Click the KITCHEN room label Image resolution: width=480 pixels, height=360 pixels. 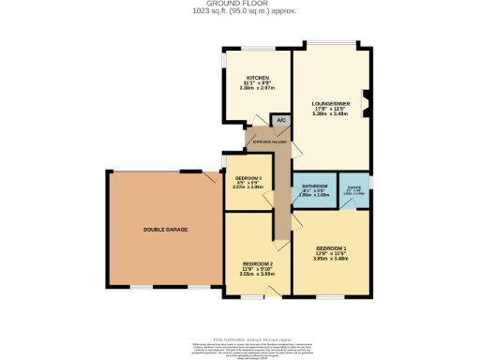258,77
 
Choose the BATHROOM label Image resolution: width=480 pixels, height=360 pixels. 313,187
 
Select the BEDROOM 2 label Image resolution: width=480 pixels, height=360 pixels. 257,263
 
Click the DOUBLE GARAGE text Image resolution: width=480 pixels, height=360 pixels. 162,229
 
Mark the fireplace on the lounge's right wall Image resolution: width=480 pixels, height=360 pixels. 367,102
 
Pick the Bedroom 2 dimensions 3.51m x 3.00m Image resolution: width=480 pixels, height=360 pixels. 257,275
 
